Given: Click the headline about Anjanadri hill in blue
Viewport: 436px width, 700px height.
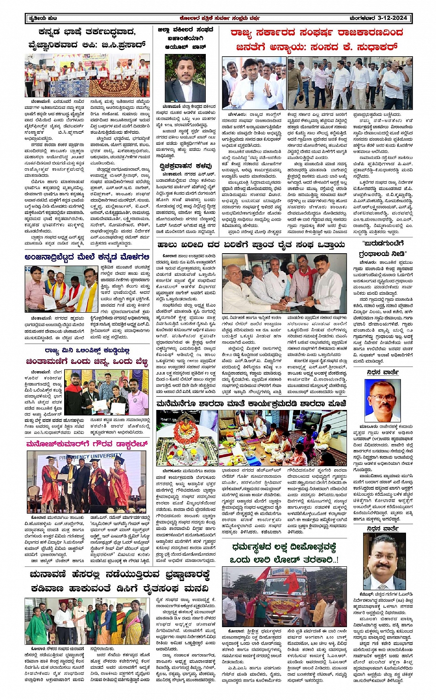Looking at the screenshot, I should coord(87,257).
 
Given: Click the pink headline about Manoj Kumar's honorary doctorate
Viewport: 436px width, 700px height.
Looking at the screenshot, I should coord(87,444).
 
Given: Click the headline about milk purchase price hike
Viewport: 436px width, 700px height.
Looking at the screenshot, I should coord(251,245).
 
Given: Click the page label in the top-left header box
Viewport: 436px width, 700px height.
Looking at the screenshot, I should coord(42,18).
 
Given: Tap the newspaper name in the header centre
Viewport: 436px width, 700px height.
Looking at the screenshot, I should coord(219,18).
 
